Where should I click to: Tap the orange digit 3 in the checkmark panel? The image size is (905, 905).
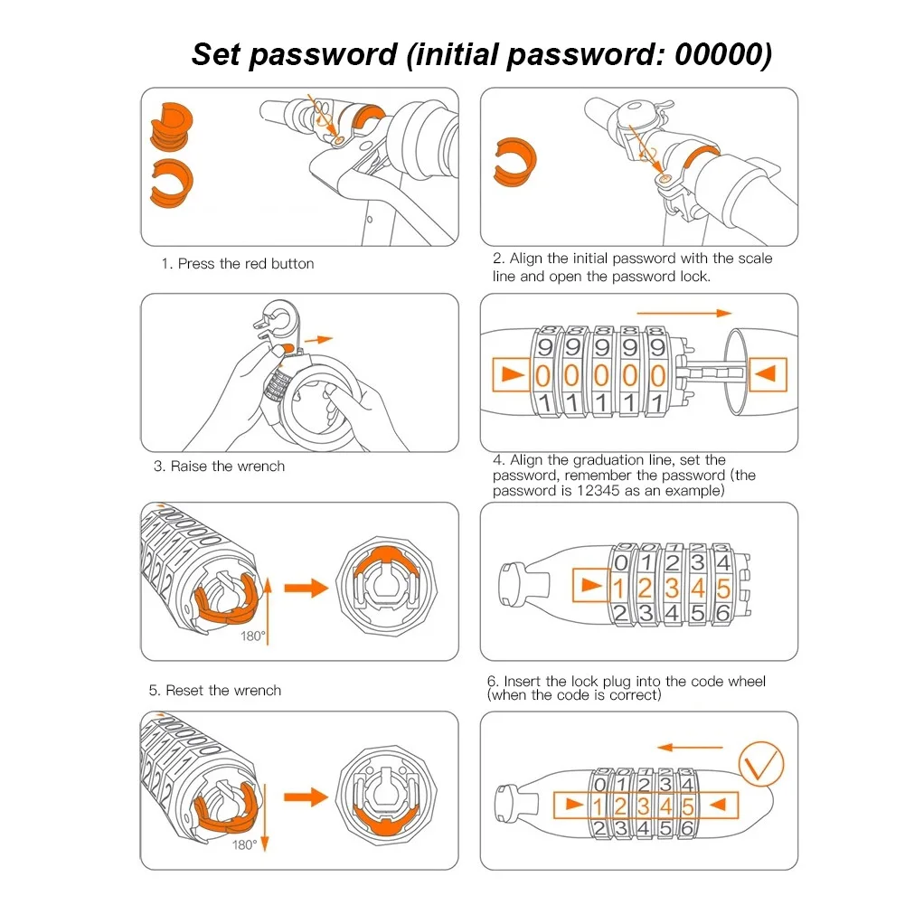coord(644,805)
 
